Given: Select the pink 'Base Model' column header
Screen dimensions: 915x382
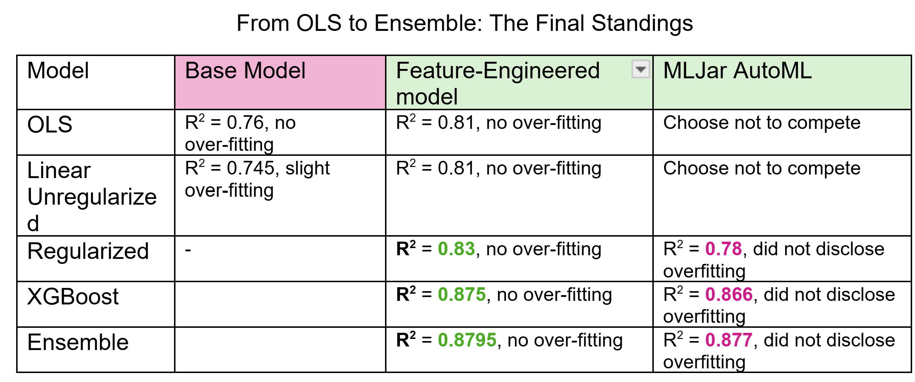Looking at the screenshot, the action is pos(245,70).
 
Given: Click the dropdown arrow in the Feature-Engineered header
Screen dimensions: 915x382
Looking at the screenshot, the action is pos(640,69).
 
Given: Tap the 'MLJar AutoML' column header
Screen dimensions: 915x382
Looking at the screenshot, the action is pos(737,70).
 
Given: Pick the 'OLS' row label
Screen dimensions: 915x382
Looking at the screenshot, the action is pos(50,125).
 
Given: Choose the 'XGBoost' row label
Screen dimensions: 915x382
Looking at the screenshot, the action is pos(73,297).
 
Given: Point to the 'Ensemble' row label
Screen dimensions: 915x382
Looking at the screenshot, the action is pos(78,342).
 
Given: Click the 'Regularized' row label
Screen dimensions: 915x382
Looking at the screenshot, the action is pos(88,251).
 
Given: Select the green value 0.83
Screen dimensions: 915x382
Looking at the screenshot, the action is pos(456,249).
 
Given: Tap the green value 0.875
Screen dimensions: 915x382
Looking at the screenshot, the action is pos(462,294).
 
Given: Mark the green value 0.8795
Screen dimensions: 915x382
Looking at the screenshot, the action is pos(467,340).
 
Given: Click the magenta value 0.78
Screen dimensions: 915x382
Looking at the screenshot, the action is pos(723,249).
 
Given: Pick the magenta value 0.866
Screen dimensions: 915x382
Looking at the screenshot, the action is pos(729,294).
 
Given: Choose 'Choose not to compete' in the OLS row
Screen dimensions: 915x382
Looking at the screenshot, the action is pos(762,123).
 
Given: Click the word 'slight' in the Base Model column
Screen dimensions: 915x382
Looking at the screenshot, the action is pos(308,168).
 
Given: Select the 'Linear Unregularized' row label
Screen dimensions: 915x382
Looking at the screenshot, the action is pos(92,196).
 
